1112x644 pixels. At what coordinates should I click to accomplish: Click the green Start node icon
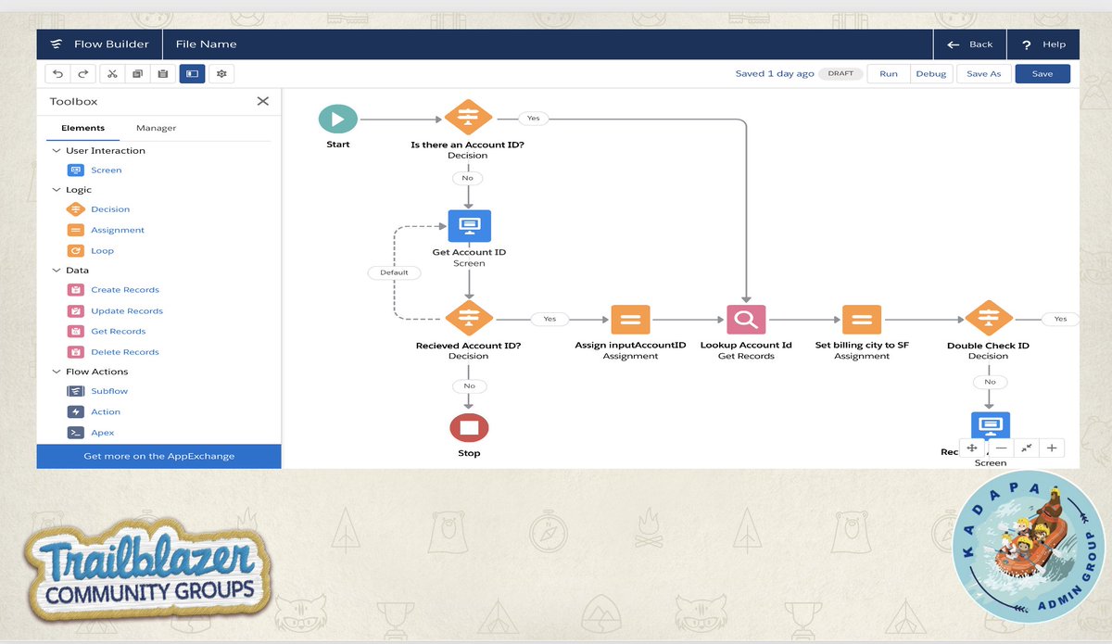[337, 119]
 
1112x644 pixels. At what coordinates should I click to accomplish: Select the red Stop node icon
[469, 427]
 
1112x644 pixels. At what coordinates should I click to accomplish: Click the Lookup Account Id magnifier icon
[746, 320]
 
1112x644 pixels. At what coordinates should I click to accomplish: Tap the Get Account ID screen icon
[469, 225]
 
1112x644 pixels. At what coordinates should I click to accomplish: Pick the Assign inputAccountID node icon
[630, 320]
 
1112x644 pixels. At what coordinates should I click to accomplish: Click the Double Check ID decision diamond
[988, 319]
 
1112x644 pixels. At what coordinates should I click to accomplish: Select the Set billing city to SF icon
[862, 320]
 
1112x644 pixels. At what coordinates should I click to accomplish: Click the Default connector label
[394, 272]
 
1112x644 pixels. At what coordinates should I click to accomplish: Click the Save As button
[983, 74]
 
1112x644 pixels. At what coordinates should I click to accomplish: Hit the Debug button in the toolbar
[931, 74]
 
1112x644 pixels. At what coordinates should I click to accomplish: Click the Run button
[889, 74]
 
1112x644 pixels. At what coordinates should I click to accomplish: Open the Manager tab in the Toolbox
[156, 128]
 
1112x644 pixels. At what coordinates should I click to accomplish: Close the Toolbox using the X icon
[263, 101]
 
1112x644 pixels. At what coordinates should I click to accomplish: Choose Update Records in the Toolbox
[126, 311]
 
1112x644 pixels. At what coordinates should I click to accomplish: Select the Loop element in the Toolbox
[102, 251]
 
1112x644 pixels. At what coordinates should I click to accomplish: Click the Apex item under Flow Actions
[102, 433]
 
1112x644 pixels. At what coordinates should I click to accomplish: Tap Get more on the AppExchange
[158, 456]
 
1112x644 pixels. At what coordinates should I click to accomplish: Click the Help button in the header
[1044, 44]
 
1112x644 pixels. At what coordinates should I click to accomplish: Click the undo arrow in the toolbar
[58, 74]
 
